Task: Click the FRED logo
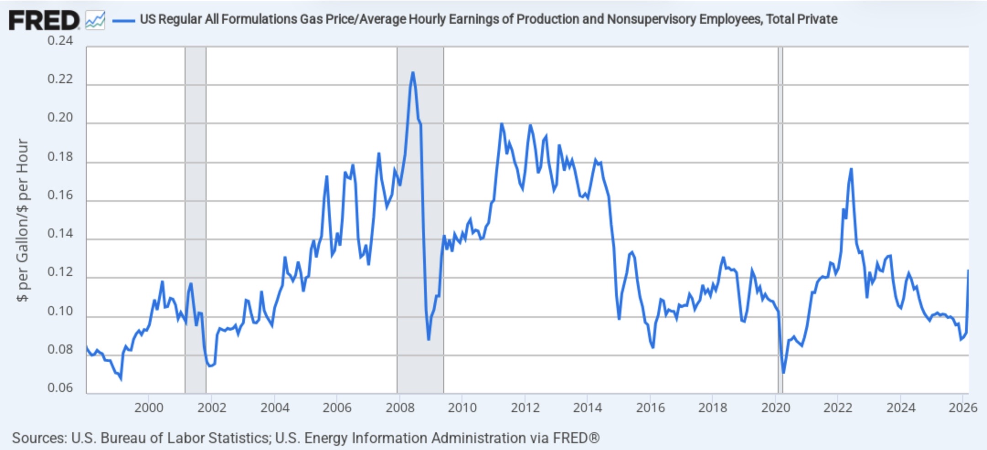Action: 44,21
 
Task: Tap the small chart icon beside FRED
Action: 95,21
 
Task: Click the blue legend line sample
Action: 123,20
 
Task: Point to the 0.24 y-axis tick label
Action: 60,41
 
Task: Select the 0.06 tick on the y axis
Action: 60,388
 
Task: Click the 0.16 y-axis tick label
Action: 60,195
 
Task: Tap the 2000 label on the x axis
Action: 149,407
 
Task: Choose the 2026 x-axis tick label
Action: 963,407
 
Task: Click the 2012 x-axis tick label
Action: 525,407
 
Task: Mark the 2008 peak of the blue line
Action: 413,72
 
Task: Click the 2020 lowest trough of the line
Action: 784,373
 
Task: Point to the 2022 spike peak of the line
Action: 851,169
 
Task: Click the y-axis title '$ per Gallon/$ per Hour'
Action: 22,220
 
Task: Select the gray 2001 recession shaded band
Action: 196,220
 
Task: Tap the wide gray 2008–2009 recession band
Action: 420,220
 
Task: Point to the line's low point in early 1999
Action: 121,379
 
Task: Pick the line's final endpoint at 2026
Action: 968,270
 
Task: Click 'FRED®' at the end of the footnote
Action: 576,438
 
